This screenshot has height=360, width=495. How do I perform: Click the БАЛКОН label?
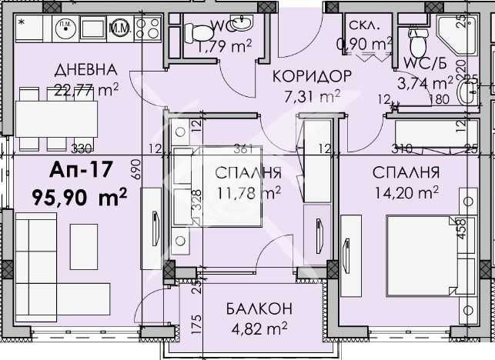[x=259, y=309]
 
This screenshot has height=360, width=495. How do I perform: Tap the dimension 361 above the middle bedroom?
[x=243, y=148]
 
